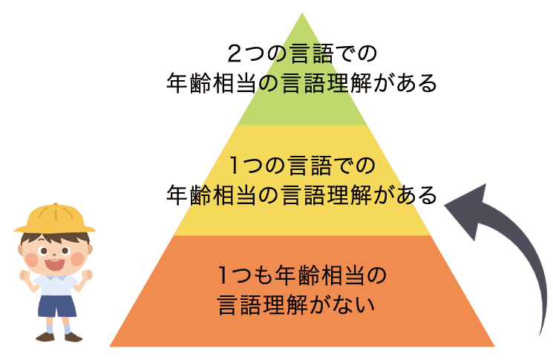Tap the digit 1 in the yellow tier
pos(235,163)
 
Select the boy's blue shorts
pos(56,304)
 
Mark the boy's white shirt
pos(56,284)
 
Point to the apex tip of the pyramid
pos(302,14)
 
